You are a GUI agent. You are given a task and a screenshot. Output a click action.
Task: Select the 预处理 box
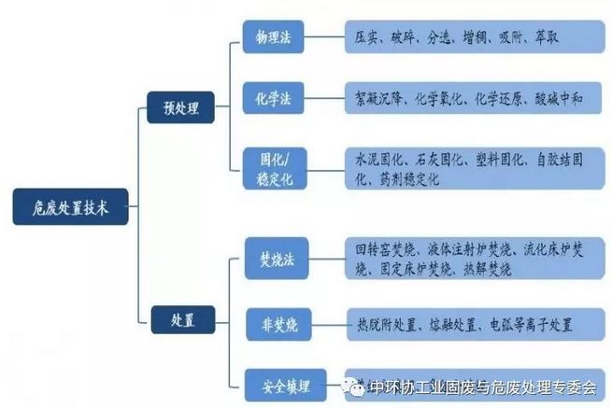[x=180, y=109]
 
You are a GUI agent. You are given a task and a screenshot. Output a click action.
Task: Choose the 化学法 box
[x=273, y=97]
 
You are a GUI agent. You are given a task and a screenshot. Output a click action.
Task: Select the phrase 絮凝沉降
[x=379, y=97]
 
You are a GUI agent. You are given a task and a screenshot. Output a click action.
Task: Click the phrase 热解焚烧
[x=485, y=269]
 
